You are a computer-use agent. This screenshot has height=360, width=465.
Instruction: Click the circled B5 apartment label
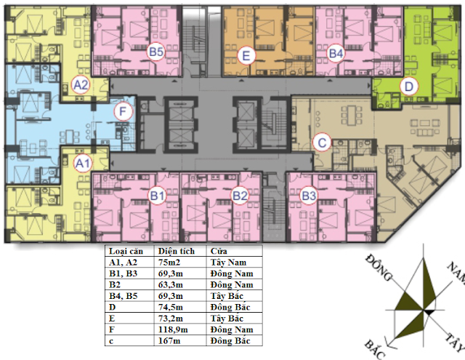pyautogui.click(x=156, y=52)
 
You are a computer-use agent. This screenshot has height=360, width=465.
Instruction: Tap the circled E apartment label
pyautogui.click(x=246, y=55)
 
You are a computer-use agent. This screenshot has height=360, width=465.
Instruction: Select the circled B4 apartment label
pyautogui.click(x=336, y=53)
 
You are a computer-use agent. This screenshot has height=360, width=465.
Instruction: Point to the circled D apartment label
pyautogui.click(x=408, y=87)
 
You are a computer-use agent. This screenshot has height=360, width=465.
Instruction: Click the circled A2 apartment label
pyautogui.click(x=81, y=85)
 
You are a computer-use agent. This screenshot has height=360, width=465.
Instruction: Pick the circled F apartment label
pyautogui.click(x=123, y=111)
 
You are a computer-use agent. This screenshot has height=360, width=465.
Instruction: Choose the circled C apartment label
pyautogui.click(x=322, y=143)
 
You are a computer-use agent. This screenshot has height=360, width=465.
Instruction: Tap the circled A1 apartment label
pyautogui.click(x=83, y=163)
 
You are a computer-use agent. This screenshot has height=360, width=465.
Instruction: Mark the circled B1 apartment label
pyautogui.click(x=157, y=196)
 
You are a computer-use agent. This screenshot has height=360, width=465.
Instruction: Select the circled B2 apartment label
pyautogui.click(x=240, y=196)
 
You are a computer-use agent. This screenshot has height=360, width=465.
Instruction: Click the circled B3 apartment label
pyautogui.click(x=309, y=196)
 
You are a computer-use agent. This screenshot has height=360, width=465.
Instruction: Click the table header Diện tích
pyautogui.click(x=177, y=251)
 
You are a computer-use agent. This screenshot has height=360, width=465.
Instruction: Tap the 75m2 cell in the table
pyautogui.click(x=169, y=263)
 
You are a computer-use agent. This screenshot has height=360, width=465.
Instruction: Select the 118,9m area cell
pyautogui.click(x=173, y=329)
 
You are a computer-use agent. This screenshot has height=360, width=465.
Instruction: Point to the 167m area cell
pyautogui.click(x=169, y=341)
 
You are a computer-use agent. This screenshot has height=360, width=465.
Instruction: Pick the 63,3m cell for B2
pyautogui.click(x=171, y=285)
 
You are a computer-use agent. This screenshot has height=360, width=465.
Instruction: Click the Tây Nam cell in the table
pyautogui.click(x=228, y=263)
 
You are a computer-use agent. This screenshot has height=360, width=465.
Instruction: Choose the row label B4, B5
pyautogui.click(x=124, y=296)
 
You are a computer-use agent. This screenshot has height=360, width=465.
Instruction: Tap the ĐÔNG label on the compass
pyautogui.click(x=379, y=268)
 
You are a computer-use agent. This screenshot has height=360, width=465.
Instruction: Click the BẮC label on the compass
pyautogui.click(x=375, y=349)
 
